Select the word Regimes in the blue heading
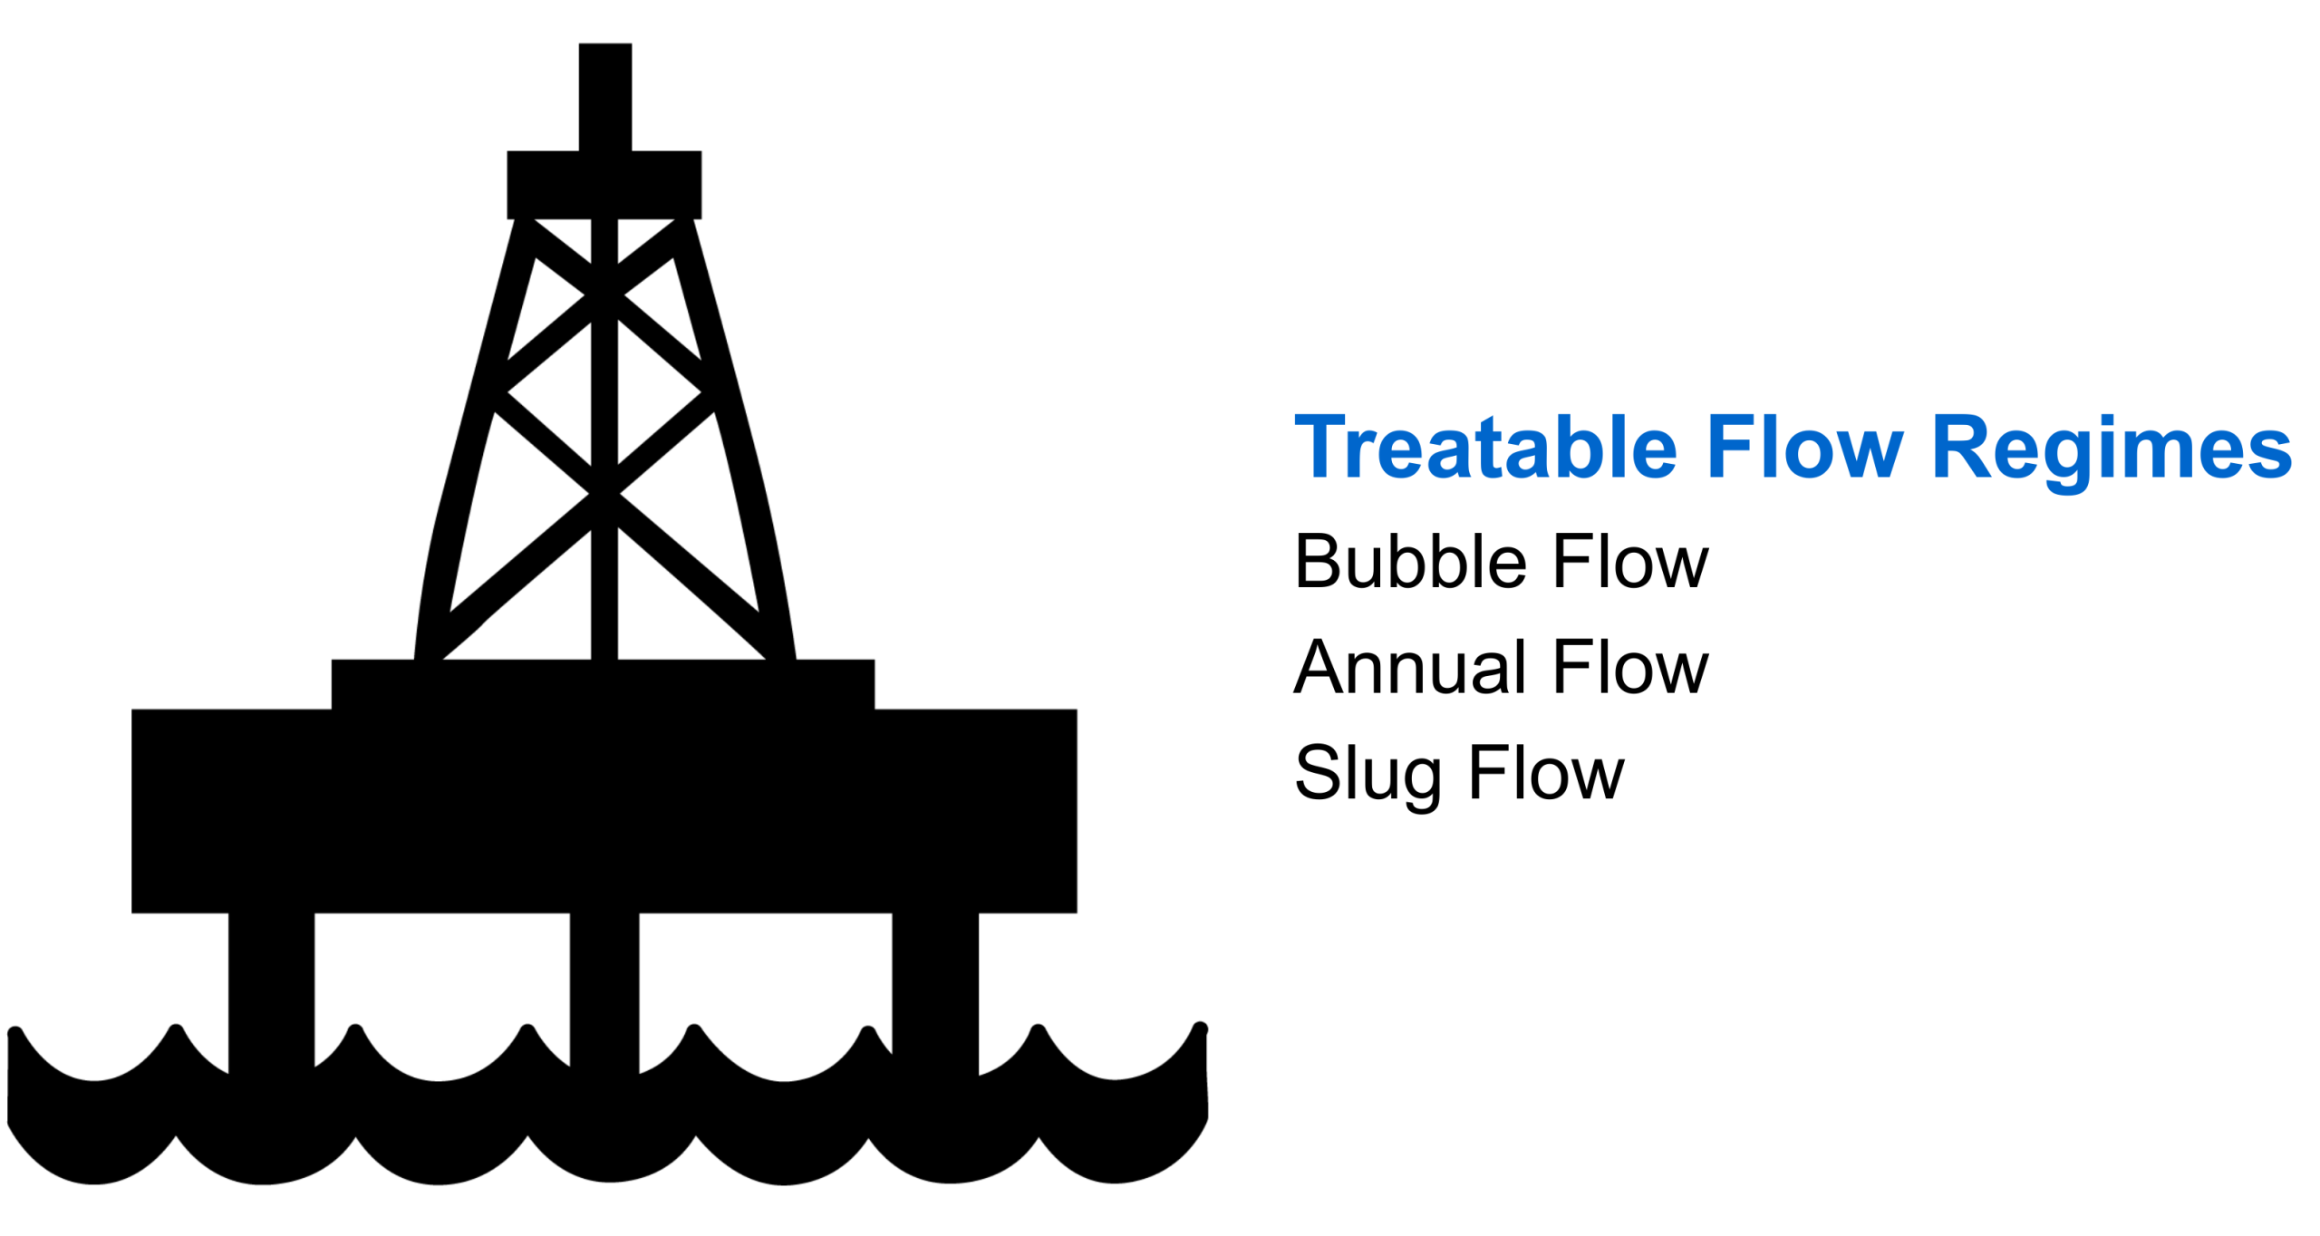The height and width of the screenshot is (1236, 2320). pyautogui.click(x=2111, y=448)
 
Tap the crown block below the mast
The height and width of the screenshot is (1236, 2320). pyautogui.click(x=604, y=184)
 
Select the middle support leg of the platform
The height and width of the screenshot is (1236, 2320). pyautogui.click(x=604, y=988)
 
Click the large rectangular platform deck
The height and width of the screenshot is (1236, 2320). pyautogui.click(x=604, y=811)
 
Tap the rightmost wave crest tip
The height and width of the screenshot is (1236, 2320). pyautogui.click(x=1199, y=1028)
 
